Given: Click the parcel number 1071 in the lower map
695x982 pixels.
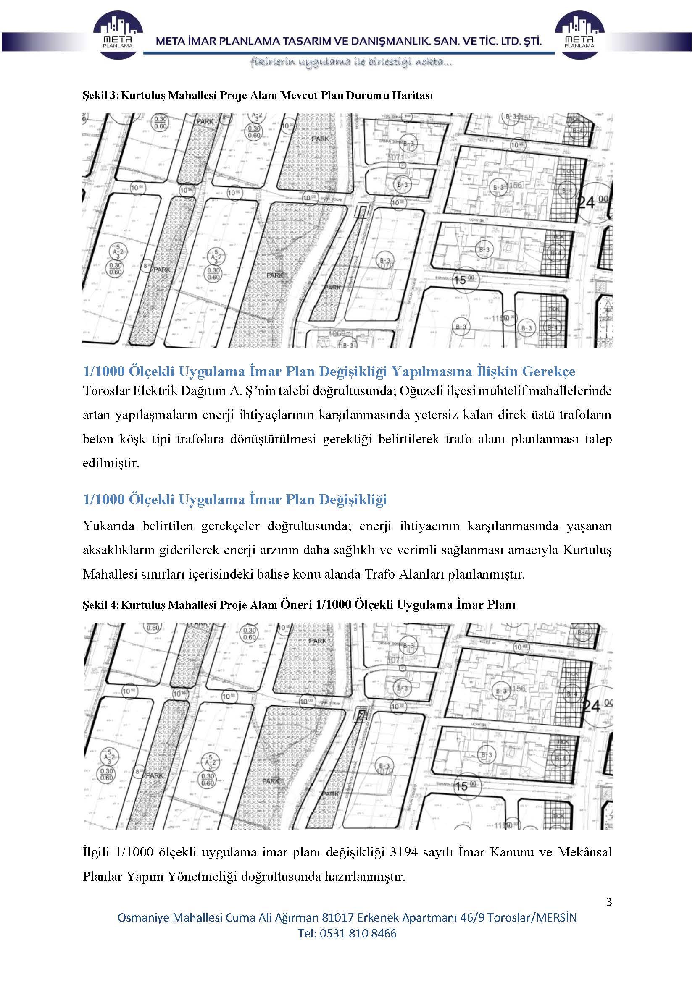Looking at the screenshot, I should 396,660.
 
